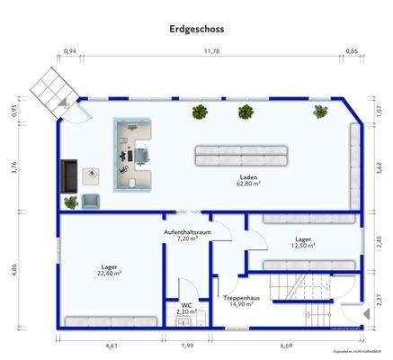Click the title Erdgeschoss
196,29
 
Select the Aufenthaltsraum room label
186,237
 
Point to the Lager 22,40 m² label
111,269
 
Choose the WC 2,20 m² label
186,308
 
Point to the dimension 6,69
285,346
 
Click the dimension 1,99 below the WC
186,346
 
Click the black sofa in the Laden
69,175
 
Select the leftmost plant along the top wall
200,112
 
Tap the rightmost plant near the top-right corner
320,112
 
